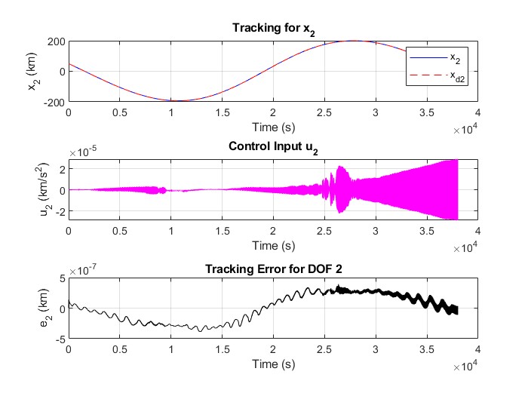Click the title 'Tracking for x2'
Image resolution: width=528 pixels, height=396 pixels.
coord(273,29)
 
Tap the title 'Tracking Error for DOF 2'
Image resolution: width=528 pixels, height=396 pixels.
coord(273,269)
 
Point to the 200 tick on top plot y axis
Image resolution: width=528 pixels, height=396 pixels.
coord(55,41)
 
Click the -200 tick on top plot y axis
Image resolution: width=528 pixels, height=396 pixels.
coord(53,101)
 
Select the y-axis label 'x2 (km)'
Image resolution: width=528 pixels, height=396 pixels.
coord(32,70)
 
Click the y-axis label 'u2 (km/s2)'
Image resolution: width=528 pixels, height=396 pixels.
coord(32,190)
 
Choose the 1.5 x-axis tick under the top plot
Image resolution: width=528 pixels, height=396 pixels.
coord(222,112)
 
